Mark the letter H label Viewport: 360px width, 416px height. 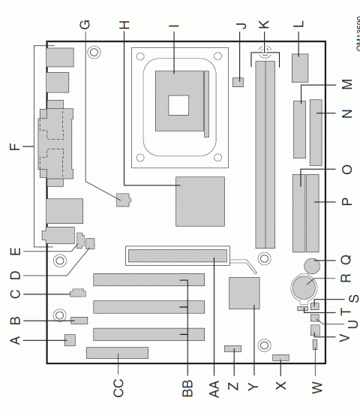(124, 23)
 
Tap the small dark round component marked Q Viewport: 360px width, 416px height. (312, 265)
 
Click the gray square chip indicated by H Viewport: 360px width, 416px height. (200, 201)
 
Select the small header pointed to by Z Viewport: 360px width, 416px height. (233, 349)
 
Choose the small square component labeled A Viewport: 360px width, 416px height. (71, 340)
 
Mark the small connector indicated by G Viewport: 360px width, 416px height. (124, 200)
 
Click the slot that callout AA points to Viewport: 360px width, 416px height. (177, 256)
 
